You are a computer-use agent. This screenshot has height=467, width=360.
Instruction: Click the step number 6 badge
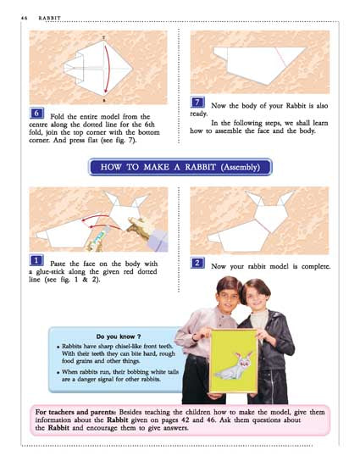click(x=36, y=114)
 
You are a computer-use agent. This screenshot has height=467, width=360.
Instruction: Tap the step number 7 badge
click(x=197, y=103)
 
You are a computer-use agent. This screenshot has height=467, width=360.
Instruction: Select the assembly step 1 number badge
click(x=36, y=260)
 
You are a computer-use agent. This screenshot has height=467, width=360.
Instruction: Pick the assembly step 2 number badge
click(x=197, y=263)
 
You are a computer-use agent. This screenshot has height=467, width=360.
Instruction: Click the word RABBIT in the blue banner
click(x=201, y=167)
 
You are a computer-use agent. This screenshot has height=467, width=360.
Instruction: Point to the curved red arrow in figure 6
click(x=108, y=68)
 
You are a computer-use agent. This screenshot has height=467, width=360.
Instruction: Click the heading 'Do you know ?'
click(x=119, y=336)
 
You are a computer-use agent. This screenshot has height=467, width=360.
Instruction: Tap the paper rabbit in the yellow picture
click(x=235, y=367)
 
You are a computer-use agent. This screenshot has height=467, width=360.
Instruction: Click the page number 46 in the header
click(x=24, y=18)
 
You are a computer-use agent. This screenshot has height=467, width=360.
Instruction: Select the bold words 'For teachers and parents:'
click(x=75, y=412)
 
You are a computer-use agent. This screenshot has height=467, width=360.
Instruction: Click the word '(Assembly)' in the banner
click(x=240, y=167)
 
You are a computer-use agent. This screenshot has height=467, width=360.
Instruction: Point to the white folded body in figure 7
click(x=256, y=64)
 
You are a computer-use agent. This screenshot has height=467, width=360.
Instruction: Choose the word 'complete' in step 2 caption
click(x=316, y=266)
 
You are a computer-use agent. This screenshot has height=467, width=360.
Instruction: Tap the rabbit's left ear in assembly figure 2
click(x=255, y=198)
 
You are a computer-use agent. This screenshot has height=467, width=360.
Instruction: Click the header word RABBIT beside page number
click(x=49, y=18)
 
